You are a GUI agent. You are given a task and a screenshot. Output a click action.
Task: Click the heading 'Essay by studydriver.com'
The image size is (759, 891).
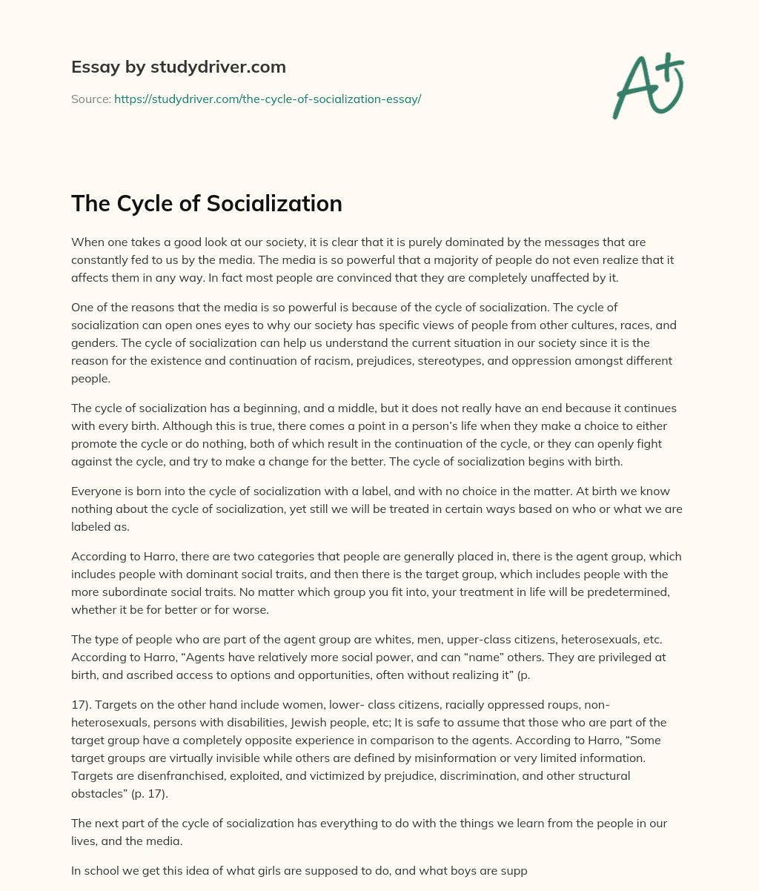[x=178, y=67]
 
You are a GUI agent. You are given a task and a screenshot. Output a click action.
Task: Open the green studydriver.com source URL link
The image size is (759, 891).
[x=268, y=99]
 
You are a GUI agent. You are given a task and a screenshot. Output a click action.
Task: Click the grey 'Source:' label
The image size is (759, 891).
[x=90, y=99]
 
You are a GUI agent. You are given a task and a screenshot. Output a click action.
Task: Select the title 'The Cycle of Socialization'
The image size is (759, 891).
[x=207, y=203]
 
